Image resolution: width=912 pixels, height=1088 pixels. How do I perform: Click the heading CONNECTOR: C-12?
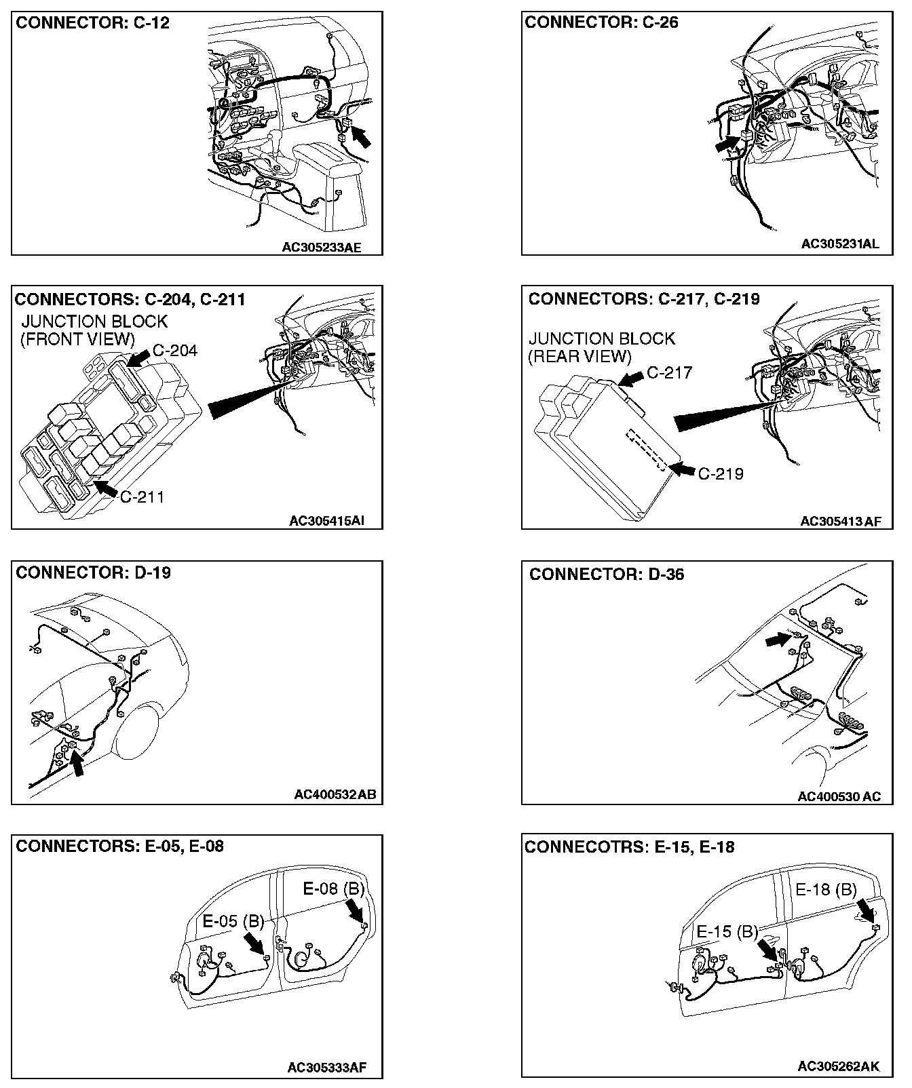[92, 23]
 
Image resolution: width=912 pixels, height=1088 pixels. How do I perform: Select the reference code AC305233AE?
[322, 248]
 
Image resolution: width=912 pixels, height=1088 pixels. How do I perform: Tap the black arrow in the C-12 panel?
[362, 136]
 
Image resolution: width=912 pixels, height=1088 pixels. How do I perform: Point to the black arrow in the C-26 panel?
[727, 143]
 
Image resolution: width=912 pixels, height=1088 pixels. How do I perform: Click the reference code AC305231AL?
[839, 244]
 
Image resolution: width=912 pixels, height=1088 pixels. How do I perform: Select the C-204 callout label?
[175, 351]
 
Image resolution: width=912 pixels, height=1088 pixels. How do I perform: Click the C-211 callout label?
[142, 497]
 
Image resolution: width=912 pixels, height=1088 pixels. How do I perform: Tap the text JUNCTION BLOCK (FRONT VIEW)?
[94, 330]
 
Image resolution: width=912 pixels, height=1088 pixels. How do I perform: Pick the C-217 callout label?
[669, 372]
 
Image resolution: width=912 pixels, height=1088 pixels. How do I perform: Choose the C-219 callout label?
[721, 473]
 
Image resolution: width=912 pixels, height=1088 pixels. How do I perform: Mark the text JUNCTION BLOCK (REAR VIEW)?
[601, 347]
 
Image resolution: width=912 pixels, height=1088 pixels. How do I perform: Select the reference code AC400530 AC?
[839, 796]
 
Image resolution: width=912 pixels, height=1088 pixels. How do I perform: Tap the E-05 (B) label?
[233, 921]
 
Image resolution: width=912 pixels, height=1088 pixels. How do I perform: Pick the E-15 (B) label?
[727, 931]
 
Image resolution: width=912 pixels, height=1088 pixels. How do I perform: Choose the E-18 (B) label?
[826, 889]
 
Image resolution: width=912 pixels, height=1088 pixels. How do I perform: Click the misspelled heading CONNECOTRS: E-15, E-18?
[629, 847]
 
